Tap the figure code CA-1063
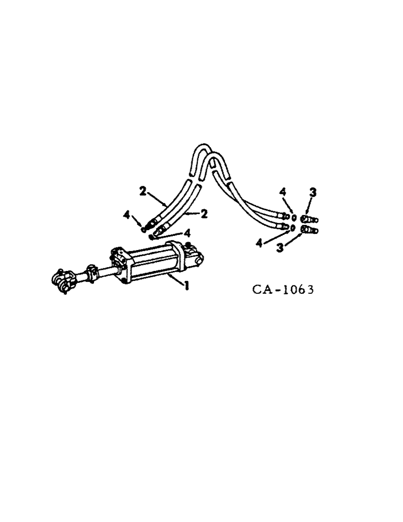tap(283, 289)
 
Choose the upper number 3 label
tap(312, 193)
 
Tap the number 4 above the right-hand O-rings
tap(283, 193)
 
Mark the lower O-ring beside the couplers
tap(293, 228)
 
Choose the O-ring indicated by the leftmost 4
tap(143, 228)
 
